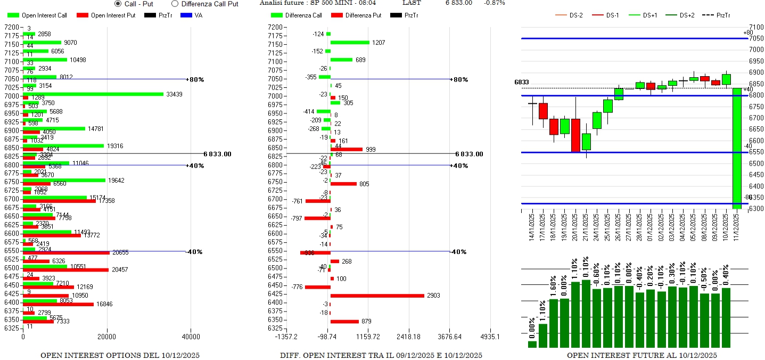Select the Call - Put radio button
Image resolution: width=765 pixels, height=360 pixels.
pyautogui.click(x=118, y=4)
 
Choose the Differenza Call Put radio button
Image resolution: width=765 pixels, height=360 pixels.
pyautogui.click(x=175, y=4)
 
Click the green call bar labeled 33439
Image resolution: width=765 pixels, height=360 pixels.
pyautogui.click(x=93, y=94)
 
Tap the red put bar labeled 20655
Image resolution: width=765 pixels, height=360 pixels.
pyautogui.click(x=66, y=252)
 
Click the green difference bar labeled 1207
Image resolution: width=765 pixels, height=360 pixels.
pyautogui.click(x=350, y=43)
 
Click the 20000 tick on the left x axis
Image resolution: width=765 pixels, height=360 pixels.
pyautogui.click(x=107, y=337)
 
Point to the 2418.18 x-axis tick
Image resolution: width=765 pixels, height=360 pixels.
pyautogui.click(x=409, y=337)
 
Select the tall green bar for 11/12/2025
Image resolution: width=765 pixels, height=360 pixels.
pyautogui.click(x=738, y=149)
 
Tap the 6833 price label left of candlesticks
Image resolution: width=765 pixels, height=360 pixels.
pyautogui.click(x=522, y=82)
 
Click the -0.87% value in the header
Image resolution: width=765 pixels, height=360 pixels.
pyautogui.click(x=495, y=3)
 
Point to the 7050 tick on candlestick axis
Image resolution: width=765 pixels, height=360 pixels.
pyautogui.click(x=756, y=38)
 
